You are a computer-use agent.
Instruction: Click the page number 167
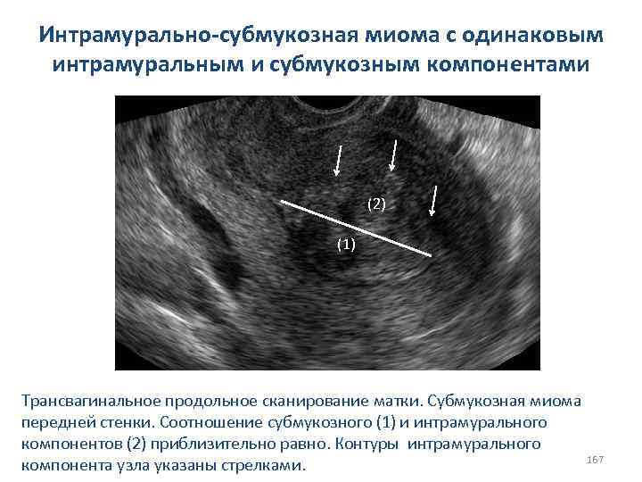tap(596, 459)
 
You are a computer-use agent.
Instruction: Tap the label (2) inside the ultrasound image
tap(376, 204)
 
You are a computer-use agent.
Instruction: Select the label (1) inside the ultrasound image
tap(345, 244)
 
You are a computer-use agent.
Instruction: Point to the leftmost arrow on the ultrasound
tap(339, 160)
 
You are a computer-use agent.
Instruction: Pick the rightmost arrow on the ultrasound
tap(433, 201)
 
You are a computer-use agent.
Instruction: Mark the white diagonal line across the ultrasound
tap(357, 229)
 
